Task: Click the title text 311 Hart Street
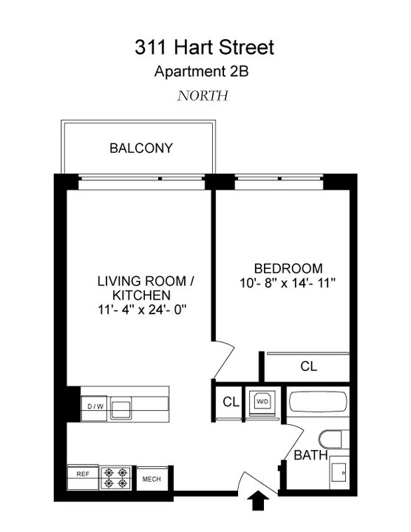204,48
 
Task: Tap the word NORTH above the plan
203,95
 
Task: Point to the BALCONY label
141,148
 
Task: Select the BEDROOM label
288,268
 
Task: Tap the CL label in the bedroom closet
309,366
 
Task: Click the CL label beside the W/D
231,402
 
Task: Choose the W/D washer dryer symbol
262,401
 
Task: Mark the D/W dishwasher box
95,406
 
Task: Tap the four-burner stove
116,477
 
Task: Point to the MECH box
153,479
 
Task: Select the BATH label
310,456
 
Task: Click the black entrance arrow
259,502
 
